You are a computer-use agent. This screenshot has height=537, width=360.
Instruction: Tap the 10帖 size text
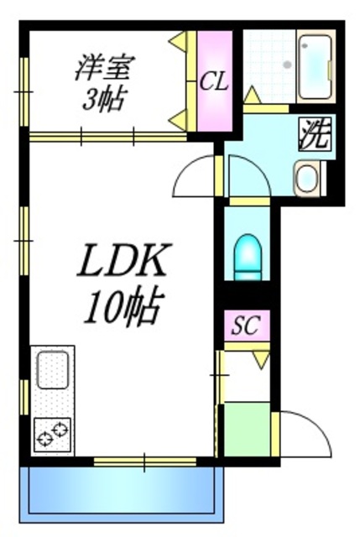coord(122,310)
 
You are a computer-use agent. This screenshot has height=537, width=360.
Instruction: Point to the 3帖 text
coord(103,100)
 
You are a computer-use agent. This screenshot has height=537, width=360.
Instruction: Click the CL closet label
coord(214,81)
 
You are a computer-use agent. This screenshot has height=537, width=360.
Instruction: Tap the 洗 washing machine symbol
coord(314,134)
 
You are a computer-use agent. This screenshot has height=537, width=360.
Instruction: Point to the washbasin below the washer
coord(308,178)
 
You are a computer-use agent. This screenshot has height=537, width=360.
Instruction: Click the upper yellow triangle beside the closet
coord(179,40)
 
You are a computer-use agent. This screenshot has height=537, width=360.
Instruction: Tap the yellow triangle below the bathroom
coord(250,94)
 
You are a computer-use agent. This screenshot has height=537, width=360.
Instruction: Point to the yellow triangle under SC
coord(259,358)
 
